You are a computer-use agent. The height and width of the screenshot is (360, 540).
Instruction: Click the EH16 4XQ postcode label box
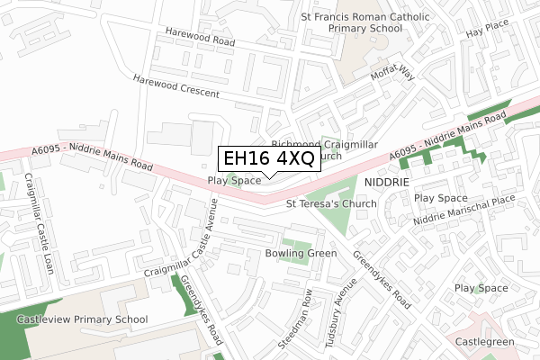click(x=268, y=159)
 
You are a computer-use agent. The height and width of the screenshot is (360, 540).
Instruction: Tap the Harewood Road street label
click(x=200, y=37)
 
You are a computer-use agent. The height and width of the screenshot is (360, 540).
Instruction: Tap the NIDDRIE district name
click(x=388, y=182)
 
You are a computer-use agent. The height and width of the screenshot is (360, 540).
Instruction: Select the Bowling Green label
click(x=301, y=254)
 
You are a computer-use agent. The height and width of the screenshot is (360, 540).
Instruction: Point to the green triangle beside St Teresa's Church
click(x=329, y=193)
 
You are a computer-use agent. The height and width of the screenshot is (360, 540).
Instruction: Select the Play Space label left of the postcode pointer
click(x=234, y=181)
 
